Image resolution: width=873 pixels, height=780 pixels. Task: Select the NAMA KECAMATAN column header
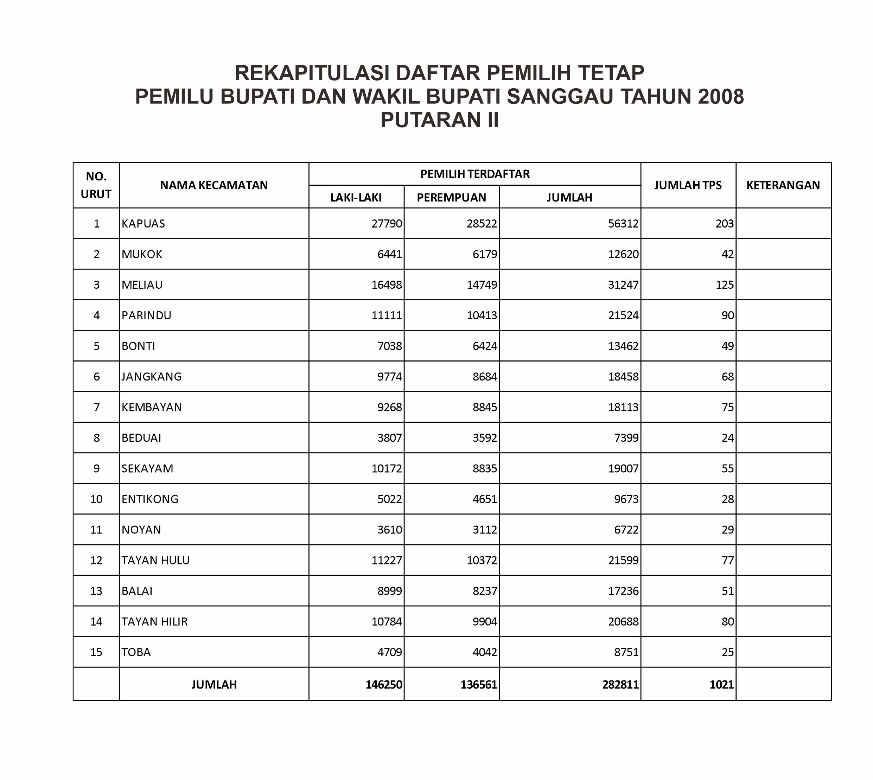(x=214, y=185)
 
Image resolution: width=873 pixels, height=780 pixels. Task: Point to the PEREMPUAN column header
(x=451, y=197)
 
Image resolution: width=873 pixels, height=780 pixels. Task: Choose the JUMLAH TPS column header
(x=688, y=185)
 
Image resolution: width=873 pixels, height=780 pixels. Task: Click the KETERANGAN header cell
(x=783, y=185)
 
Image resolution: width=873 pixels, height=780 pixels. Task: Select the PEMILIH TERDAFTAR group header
(x=475, y=174)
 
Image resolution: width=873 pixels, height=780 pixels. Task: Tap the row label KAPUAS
(x=143, y=223)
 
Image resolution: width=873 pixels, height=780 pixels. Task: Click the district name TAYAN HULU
(x=155, y=560)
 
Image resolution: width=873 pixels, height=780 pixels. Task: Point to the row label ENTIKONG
(x=150, y=499)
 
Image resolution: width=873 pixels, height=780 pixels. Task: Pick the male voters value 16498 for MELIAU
(x=387, y=284)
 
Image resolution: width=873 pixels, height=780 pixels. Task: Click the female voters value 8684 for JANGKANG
(x=485, y=376)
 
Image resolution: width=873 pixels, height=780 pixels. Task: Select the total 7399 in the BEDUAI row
(x=626, y=437)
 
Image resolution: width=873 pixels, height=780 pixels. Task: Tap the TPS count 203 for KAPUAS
(x=724, y=223)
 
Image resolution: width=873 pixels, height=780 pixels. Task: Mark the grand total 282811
(x=620, y=684)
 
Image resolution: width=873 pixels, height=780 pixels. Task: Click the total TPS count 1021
(x=721, y=684)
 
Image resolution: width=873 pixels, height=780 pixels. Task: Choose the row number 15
(x=96, y=652)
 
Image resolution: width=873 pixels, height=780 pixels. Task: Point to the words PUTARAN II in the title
(x=440, y=120)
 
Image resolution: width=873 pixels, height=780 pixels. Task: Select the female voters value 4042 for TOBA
(x=485, y=652)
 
